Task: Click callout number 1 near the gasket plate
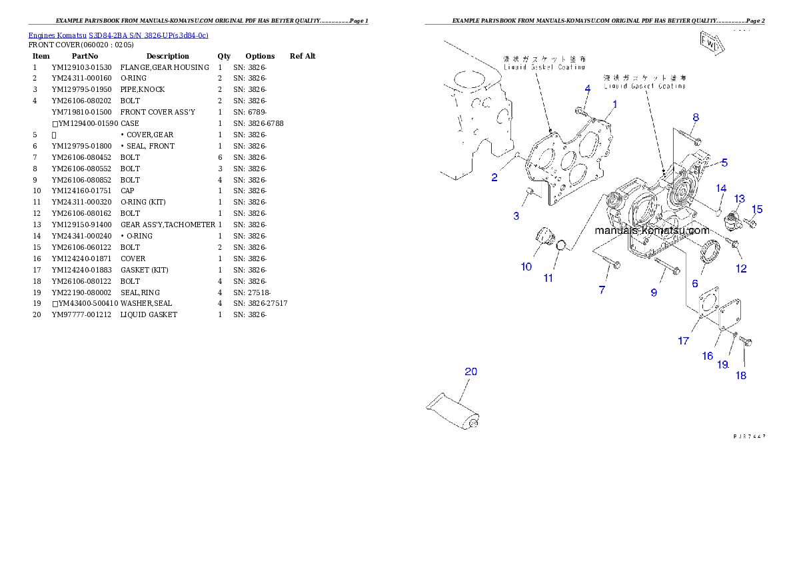(614, 105)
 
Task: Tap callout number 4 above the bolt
(587, 89)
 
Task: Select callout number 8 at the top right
(695, 118)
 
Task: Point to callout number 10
(526, 267)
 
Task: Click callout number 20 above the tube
(470, 372)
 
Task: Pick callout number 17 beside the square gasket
(684, 341)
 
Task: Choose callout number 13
(740, 199)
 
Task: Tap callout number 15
(756, 209)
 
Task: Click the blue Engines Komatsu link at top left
(118, 35)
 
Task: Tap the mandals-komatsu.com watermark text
(652, 231)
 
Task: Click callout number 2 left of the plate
(494, 177)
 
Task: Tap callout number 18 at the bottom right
(741, 376)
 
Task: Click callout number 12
(741, 269)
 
